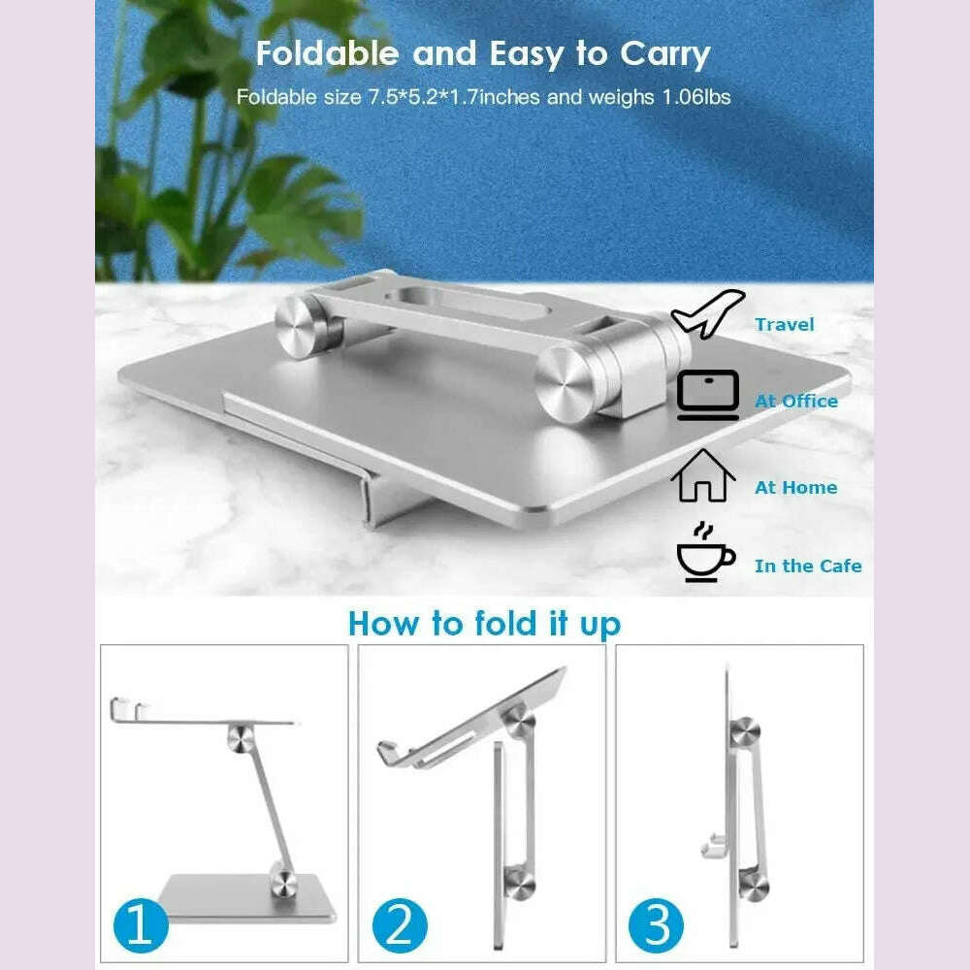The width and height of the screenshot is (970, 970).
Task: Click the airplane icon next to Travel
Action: (x=708, y=314)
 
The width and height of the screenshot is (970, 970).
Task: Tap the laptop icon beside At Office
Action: (x=708, y=396)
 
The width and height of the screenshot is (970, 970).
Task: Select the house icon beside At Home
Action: (x=702, y=476)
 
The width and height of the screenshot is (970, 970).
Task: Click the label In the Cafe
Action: (x=808, y=566)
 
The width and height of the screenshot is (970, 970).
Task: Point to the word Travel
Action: (x=785, y=324)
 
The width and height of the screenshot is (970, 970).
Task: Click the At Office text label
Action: (x=796, y=401)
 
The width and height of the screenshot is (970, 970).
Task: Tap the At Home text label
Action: (x=795, y=487)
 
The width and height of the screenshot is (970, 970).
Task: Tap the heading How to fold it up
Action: (x=484, y=623)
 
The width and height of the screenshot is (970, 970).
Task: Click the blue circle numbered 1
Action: (x=140, y=925)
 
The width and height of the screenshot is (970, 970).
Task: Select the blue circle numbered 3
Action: (x=658, y=925)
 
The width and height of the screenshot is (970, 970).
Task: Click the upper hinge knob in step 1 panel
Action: (x=241, y=737)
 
